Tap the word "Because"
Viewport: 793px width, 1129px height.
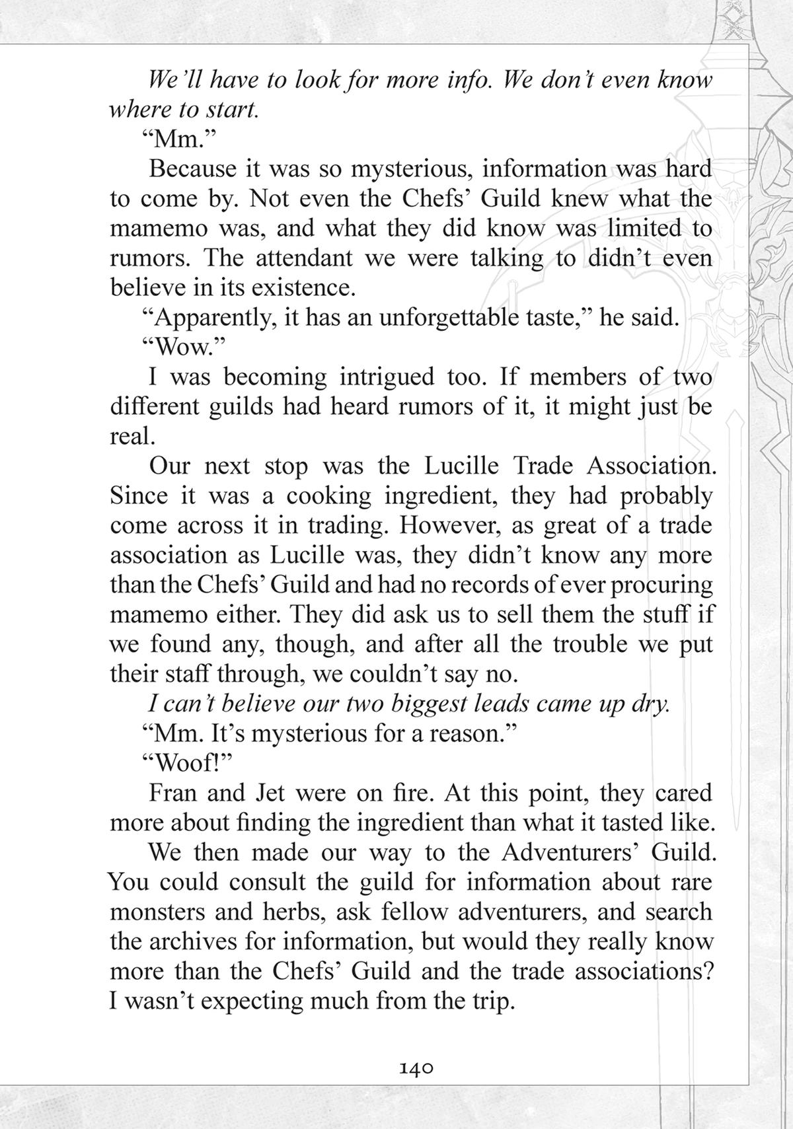pyautogui.click(x=192, y=168)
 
